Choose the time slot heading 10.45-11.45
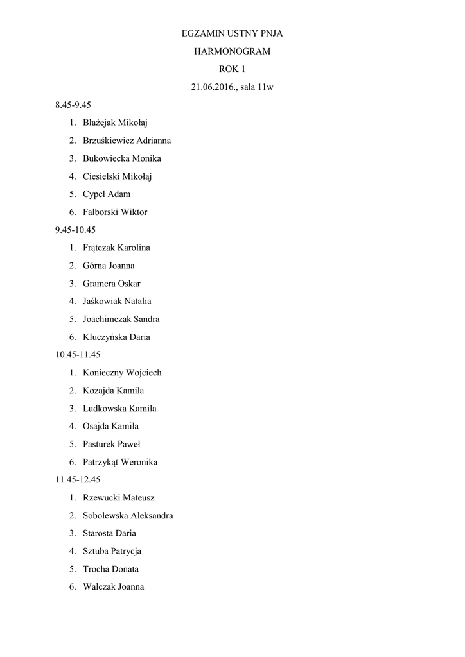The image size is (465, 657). pos(78,354)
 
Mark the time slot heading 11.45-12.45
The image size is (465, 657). pos(78,479)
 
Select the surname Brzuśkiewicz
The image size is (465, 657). pos(106,141)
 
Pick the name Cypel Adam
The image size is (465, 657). pos(107,194)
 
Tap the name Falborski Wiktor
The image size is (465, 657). pos(115,212)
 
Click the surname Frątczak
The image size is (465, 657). pos(99,248)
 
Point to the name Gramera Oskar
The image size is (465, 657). pos(112,283)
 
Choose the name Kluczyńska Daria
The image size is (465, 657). pos(116,337)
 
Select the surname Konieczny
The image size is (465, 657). pos(103,373)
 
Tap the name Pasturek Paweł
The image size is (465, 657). pos(112,444)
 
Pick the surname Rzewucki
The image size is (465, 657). pos(100,497)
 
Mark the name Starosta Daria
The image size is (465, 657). pos(109,533)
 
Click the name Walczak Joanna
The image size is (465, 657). pos(113,586)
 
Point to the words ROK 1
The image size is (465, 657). pos(232,69)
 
